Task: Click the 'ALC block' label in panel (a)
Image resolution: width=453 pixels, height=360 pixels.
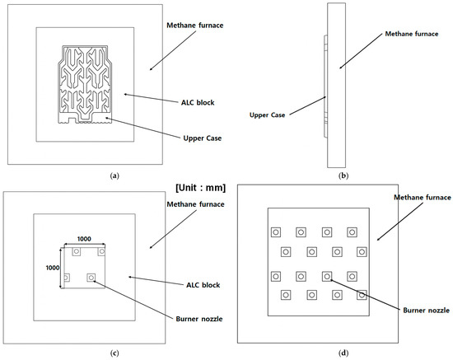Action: [x=198, y=103]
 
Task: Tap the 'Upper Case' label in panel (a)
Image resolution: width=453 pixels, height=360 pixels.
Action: [x=203, y=138]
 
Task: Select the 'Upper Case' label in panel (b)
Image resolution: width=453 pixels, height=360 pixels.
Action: [x=267, y=115]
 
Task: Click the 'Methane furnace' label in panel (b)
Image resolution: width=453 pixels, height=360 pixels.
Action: [x=412, y=34]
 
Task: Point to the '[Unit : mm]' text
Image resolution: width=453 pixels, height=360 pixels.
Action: [x=200, y=188]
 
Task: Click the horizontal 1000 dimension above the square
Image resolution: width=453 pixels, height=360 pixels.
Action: [x=84, y=239]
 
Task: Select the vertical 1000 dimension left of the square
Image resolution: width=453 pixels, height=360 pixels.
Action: [x=53, y=268]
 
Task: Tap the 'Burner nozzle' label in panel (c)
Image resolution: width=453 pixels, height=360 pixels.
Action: [x=199, y=319]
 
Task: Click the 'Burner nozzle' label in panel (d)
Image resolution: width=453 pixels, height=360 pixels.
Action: [x=426, y=311]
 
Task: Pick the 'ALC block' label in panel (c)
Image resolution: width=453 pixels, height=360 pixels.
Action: [x=203, y=285]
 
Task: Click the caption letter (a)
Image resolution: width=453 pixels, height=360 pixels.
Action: [x=114, y=175]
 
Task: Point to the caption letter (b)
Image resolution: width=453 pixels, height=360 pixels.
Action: [x=343, y=175]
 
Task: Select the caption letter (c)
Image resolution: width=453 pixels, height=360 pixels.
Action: [x=114, y=353]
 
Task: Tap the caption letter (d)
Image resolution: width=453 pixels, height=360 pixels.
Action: [x=343, y=353]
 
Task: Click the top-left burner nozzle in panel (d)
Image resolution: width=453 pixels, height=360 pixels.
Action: [x=276, y=232]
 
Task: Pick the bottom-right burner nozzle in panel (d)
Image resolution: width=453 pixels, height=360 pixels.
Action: [x=362, y=295]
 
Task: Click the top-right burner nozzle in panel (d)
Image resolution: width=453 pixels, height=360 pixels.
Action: [x=352, y=232]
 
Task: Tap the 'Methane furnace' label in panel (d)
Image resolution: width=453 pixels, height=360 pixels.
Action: [x=423, y=198]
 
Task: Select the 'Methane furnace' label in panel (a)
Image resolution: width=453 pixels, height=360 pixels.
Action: [x=195, y=26]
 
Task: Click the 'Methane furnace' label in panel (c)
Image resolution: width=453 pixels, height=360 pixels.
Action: [x=195, y=204]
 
